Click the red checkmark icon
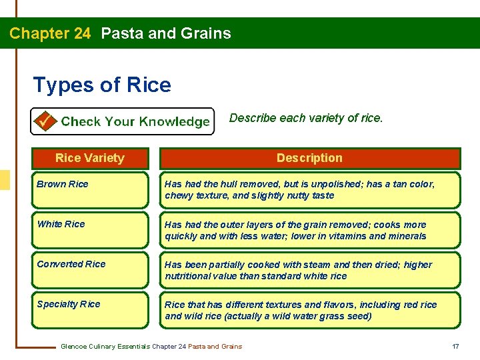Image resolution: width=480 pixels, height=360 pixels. [x=45, y=121]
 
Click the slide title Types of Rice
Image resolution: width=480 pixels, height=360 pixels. [x=102, y=85]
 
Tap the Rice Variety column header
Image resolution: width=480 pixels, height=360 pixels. [x=89, y=158]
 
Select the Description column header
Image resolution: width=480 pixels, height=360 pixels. [x=309, y=158]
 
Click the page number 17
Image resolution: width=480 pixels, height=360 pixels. [x=455, y=346]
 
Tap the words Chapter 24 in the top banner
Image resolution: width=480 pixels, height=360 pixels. [x=50, y=33]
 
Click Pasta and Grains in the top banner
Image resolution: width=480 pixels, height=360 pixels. [x=166, y=33]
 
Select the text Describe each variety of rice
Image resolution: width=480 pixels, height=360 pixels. [x=306, y=118]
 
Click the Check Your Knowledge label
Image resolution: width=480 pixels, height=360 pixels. [x=135, y=121]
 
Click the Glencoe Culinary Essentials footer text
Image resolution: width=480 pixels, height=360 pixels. [x=151, y=346]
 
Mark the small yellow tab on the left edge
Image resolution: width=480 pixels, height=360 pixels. [x=5, y=180]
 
